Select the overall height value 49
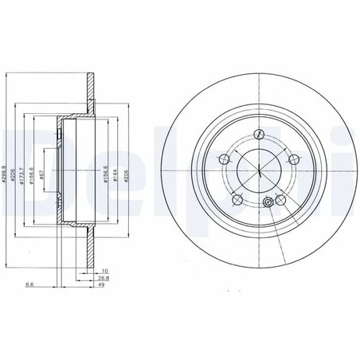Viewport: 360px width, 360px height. pyautogui.click(x=102, y=286)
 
